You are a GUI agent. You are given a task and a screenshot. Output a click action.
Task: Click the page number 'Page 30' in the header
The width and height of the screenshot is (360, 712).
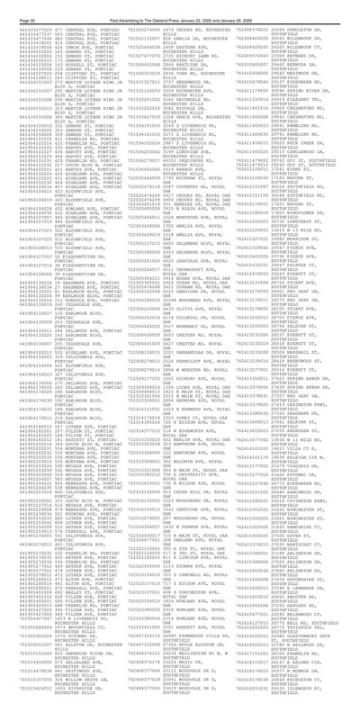[x=18, y=5]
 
